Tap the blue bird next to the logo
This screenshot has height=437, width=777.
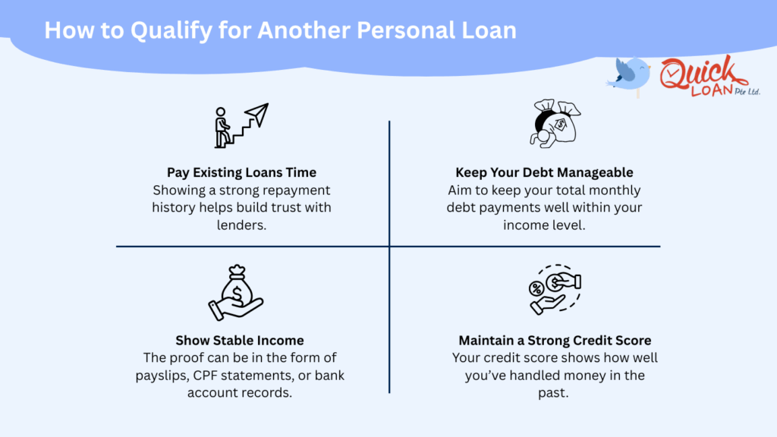[x=629, y=74]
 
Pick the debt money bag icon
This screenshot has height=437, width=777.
[x=554, y=121]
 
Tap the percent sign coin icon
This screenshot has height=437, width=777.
[x=536, y=288]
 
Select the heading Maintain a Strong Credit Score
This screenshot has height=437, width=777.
[x=555, y=340]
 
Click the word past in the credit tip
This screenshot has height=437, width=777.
[x=555, y=392]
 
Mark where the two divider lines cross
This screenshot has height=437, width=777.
[x=389, y=246]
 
